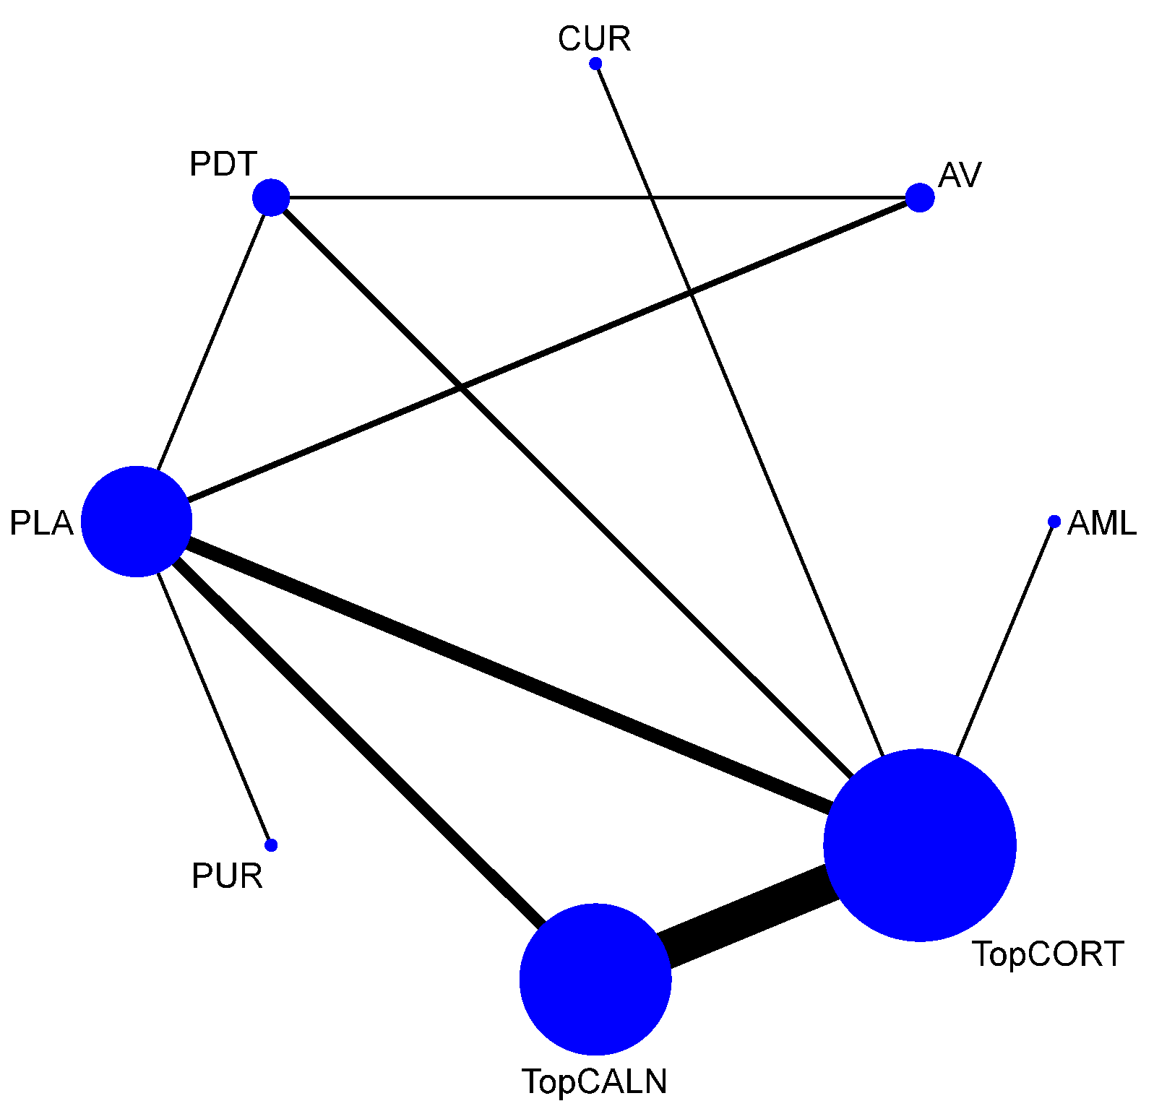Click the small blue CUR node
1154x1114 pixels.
click(595, 64)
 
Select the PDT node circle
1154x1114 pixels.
click(271, 197)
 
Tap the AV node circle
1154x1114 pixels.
click(920, 197)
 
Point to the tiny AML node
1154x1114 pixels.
click(1054, 522)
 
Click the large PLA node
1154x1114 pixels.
click(137, 522)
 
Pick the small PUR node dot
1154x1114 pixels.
click(271, 845)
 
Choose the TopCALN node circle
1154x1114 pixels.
click(595, 979)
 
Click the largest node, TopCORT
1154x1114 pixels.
click(920, 845)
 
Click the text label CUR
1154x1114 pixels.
click(594, 39)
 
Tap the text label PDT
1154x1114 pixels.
click(223, 164)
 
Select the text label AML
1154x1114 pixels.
click(1102, 523)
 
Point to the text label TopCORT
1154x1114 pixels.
click(1048, 954)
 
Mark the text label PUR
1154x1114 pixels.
click(227, 876)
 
